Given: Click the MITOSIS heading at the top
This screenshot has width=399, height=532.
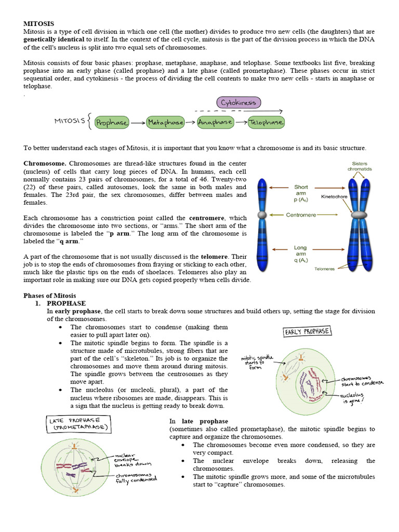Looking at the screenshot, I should [x=39, y=23].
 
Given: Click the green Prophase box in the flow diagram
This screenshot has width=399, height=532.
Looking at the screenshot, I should [x=112, y=123].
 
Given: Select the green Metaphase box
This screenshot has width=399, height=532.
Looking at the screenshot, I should [x=165, y=123].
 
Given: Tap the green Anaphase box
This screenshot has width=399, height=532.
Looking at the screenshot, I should [x=215, y=123].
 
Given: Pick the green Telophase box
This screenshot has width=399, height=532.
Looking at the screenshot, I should [x=265, y=123].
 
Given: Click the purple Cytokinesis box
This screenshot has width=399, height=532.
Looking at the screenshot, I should [x=238, y=102].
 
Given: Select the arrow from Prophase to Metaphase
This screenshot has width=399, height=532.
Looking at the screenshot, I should [x=138, y=123].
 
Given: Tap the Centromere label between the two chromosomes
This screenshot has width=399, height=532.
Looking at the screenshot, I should [x=301, y=215].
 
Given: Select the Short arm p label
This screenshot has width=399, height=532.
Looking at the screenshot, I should [x=301, y=191].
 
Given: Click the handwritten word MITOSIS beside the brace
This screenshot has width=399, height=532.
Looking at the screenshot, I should [x=70, y=121].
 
